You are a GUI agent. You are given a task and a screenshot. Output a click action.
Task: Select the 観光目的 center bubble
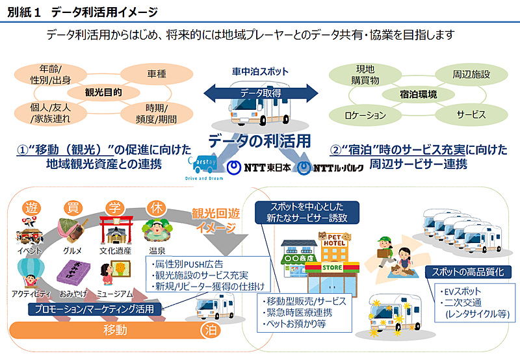103,92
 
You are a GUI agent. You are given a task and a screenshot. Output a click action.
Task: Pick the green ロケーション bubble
366,115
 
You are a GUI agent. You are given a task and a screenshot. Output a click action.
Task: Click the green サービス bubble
471,114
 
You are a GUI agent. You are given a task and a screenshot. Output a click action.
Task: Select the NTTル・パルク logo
324,168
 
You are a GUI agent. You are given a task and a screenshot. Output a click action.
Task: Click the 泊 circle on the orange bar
209,330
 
